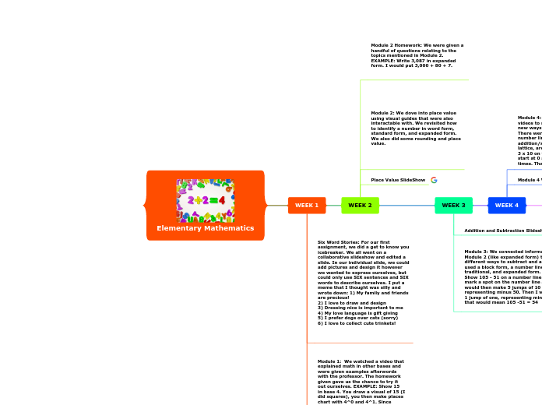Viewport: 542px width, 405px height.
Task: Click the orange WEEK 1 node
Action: click(307, 206)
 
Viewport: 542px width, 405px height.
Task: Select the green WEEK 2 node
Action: click(360, 206)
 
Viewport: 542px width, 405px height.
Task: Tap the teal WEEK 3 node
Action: click(453, 206)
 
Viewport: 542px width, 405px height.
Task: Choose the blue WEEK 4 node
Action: click(506, 206)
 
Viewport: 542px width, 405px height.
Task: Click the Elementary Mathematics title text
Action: click(206, 228)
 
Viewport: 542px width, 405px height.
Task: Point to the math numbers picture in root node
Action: click(206, 200)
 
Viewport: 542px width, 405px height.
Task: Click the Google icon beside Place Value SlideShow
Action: click(434, 180)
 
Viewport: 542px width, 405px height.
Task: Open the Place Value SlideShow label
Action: click(398, 180)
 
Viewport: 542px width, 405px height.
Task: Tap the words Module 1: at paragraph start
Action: click(329, 361)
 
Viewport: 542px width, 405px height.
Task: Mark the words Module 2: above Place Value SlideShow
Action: click(383, 113)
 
